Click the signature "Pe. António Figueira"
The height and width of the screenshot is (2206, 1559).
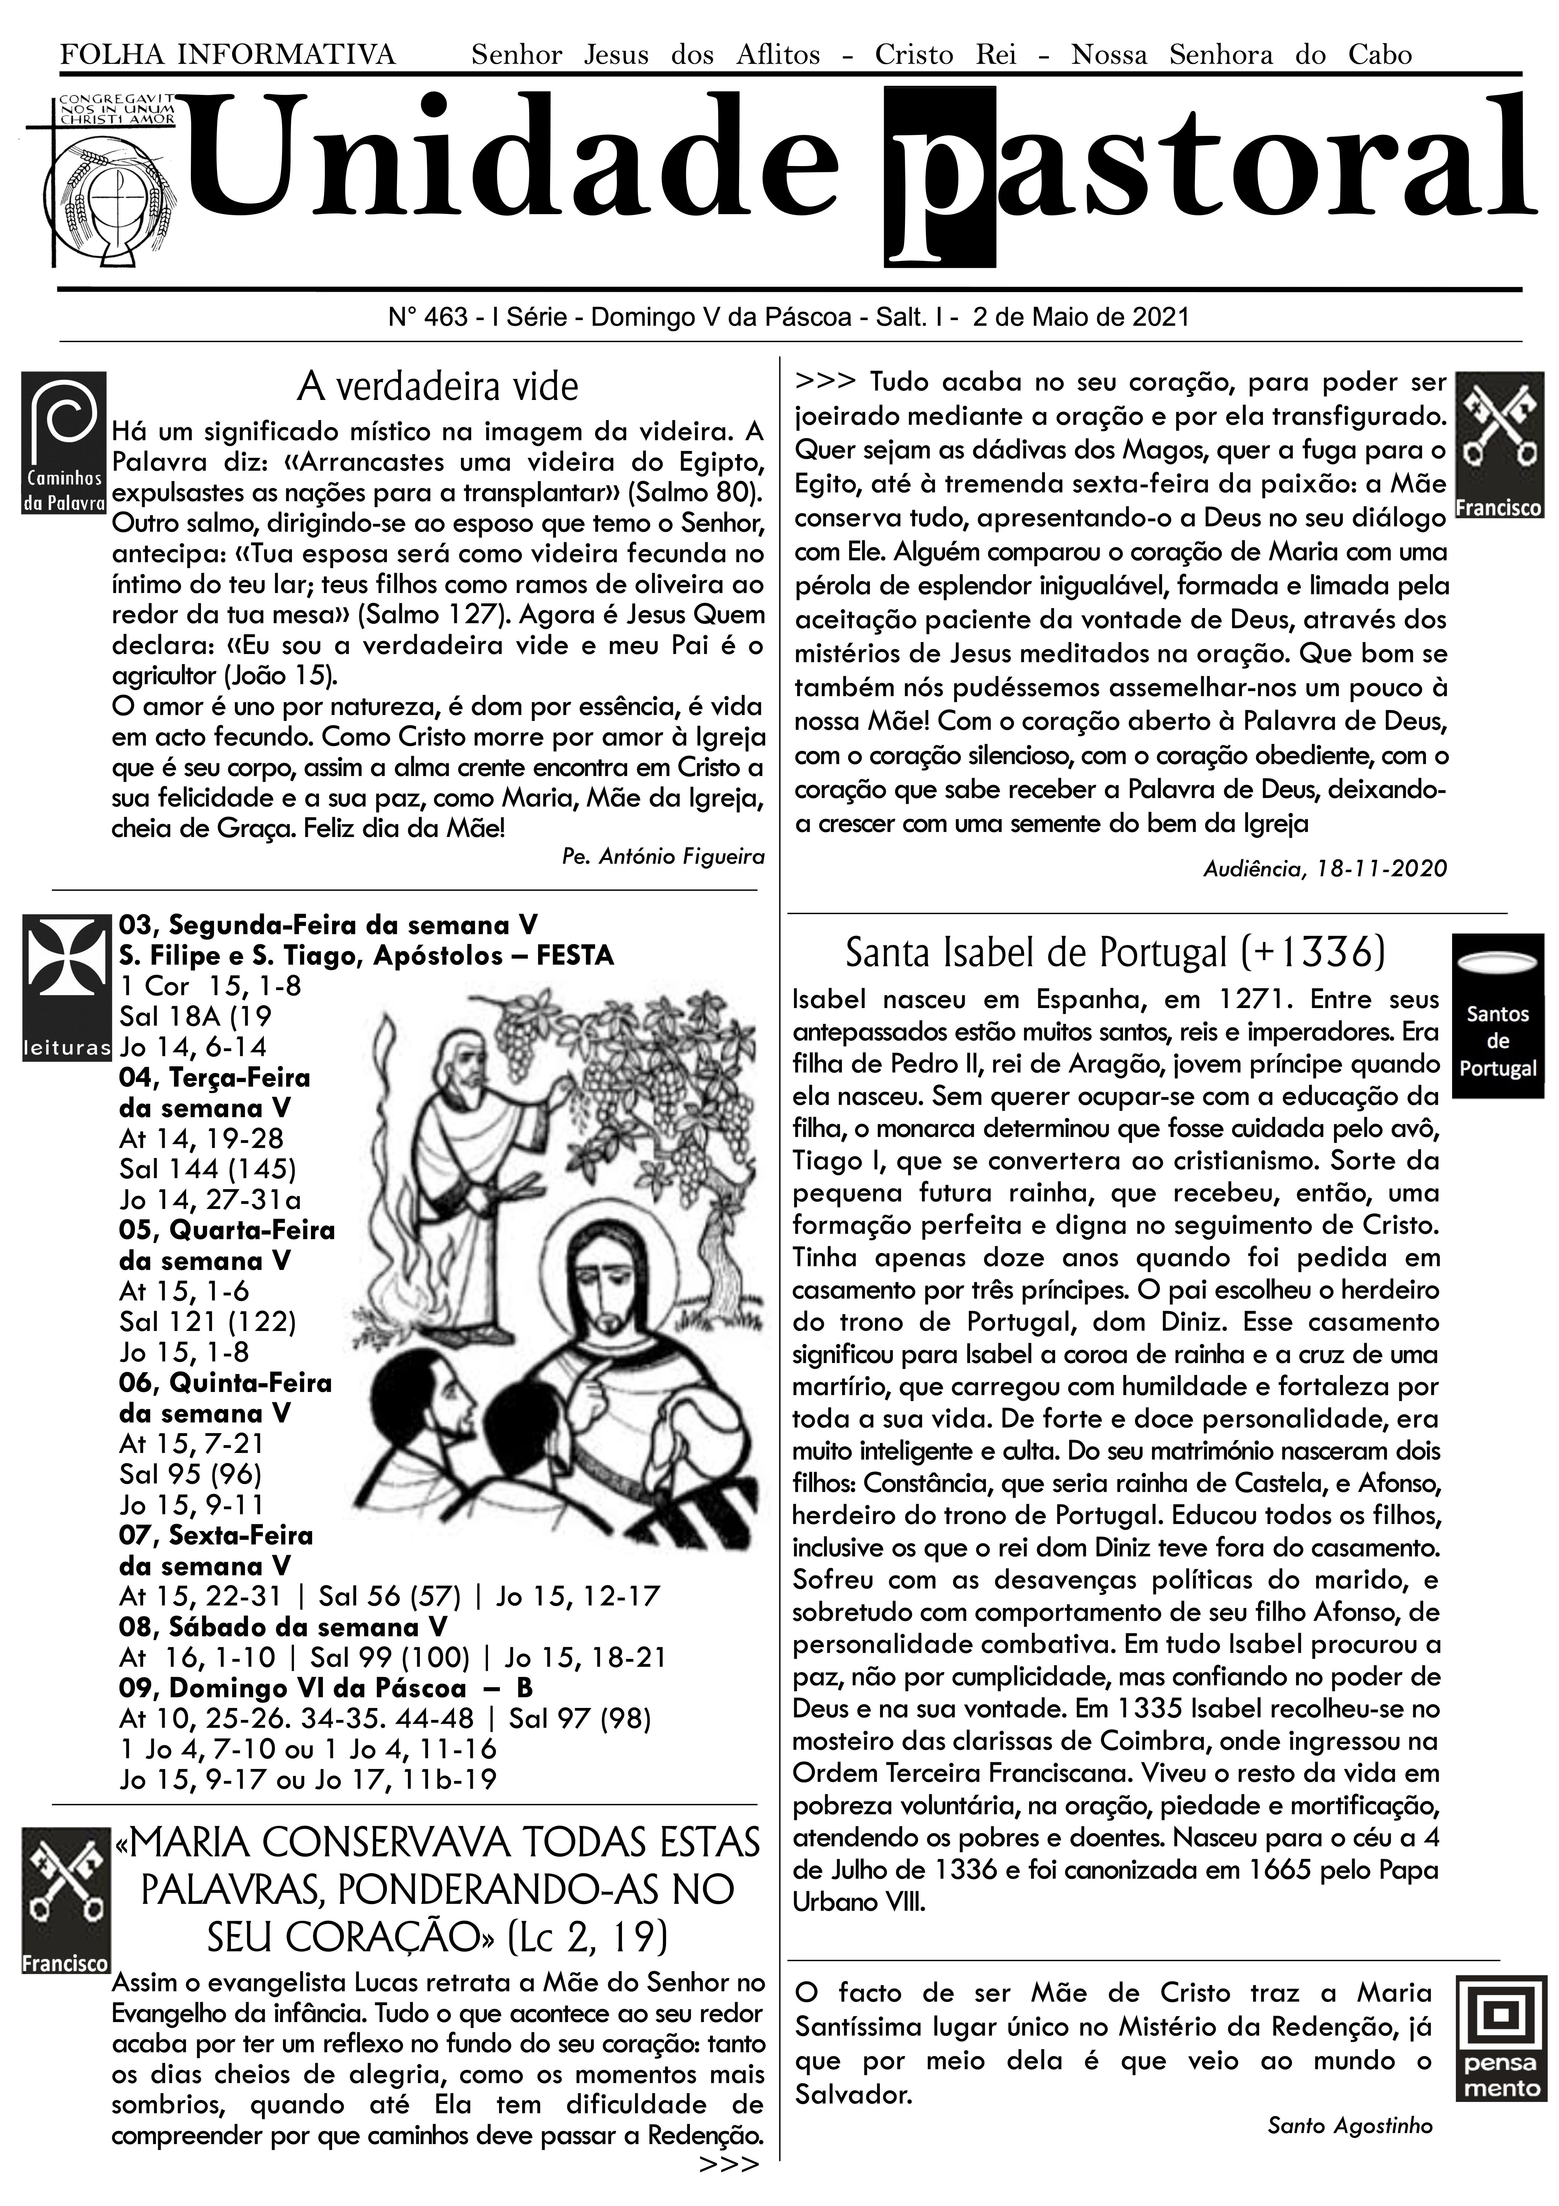663,857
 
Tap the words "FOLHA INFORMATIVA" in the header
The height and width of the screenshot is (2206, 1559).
228,55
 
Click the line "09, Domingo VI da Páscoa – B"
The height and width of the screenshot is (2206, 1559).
326,1688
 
